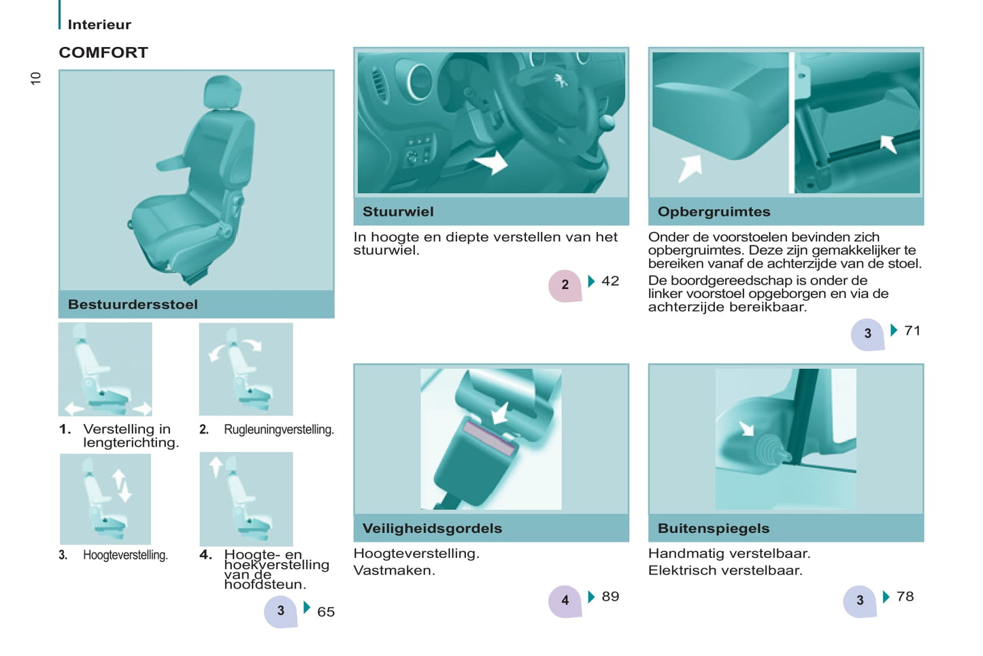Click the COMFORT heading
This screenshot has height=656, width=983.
pos(103,52)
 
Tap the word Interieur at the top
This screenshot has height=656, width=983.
pos(99,24)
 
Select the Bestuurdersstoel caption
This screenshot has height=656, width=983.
pos(133,304)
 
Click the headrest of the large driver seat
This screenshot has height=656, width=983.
pos(222,93)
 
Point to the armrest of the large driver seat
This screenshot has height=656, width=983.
pos(172,163)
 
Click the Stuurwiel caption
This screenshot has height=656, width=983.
pos(398,212)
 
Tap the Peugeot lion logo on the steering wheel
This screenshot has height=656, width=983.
pos(561,80)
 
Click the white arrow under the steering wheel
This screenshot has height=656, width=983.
pos(491,163)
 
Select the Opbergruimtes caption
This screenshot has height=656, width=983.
pos(714,212)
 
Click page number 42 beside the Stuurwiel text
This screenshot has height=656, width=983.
pos(610,281)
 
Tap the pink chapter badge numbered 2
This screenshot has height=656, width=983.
pos(565,285)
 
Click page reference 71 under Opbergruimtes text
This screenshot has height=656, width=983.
pos(912,330)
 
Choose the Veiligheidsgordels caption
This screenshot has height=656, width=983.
pos(432,528)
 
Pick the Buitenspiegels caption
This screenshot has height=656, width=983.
pos(714,528)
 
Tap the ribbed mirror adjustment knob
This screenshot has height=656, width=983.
pos(767,449)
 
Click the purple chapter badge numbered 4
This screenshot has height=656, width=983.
pos(565,601)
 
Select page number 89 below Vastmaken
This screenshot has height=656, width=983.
pos(610,596)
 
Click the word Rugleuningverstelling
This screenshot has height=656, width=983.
pos(279,429)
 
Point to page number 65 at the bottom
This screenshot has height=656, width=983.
pos(326,612)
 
